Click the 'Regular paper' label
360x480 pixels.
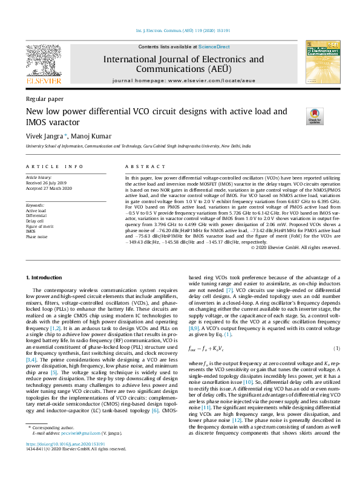coord(44,98)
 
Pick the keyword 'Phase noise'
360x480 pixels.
coord(36,236)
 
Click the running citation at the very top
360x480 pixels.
coord(180,31)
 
